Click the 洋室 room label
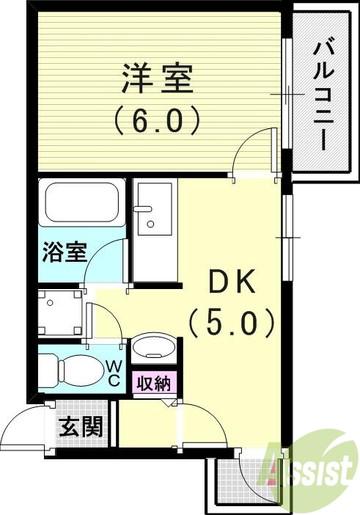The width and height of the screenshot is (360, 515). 155,80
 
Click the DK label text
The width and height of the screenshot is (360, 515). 232,281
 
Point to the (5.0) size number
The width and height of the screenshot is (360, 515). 232,321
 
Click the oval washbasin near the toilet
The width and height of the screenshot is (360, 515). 154,347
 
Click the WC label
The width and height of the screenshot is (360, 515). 115,373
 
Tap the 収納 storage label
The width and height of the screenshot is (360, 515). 153,383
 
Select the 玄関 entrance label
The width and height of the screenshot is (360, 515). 80,426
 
